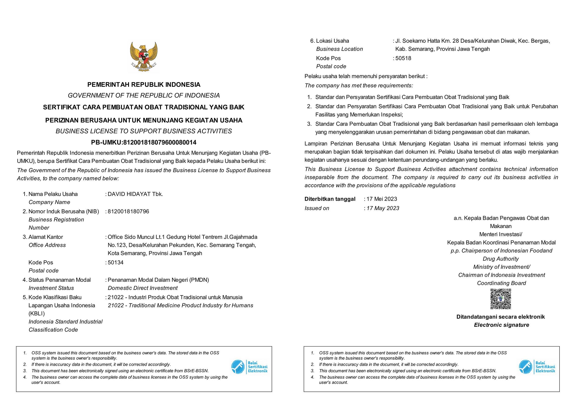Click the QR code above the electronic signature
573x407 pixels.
(500, 299)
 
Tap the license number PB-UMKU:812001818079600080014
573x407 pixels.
(144, 142)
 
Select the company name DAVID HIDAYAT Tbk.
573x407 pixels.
(135, 194)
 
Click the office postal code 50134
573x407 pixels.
(116, 262)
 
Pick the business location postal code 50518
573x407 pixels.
(403, 58)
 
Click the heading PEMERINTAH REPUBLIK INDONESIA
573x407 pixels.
(144, 84)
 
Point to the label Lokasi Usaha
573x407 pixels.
(332, 41)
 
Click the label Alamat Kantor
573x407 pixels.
(46, 237)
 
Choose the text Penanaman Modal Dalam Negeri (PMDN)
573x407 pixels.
(158, 280)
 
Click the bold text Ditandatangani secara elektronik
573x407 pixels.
(500, 317)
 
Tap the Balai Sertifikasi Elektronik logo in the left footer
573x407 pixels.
(249, 367)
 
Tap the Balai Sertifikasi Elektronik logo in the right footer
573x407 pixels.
(537, 367)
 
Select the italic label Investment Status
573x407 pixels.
(51, 288)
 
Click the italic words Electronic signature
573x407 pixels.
(501, 325)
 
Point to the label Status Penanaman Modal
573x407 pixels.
(59, 280)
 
